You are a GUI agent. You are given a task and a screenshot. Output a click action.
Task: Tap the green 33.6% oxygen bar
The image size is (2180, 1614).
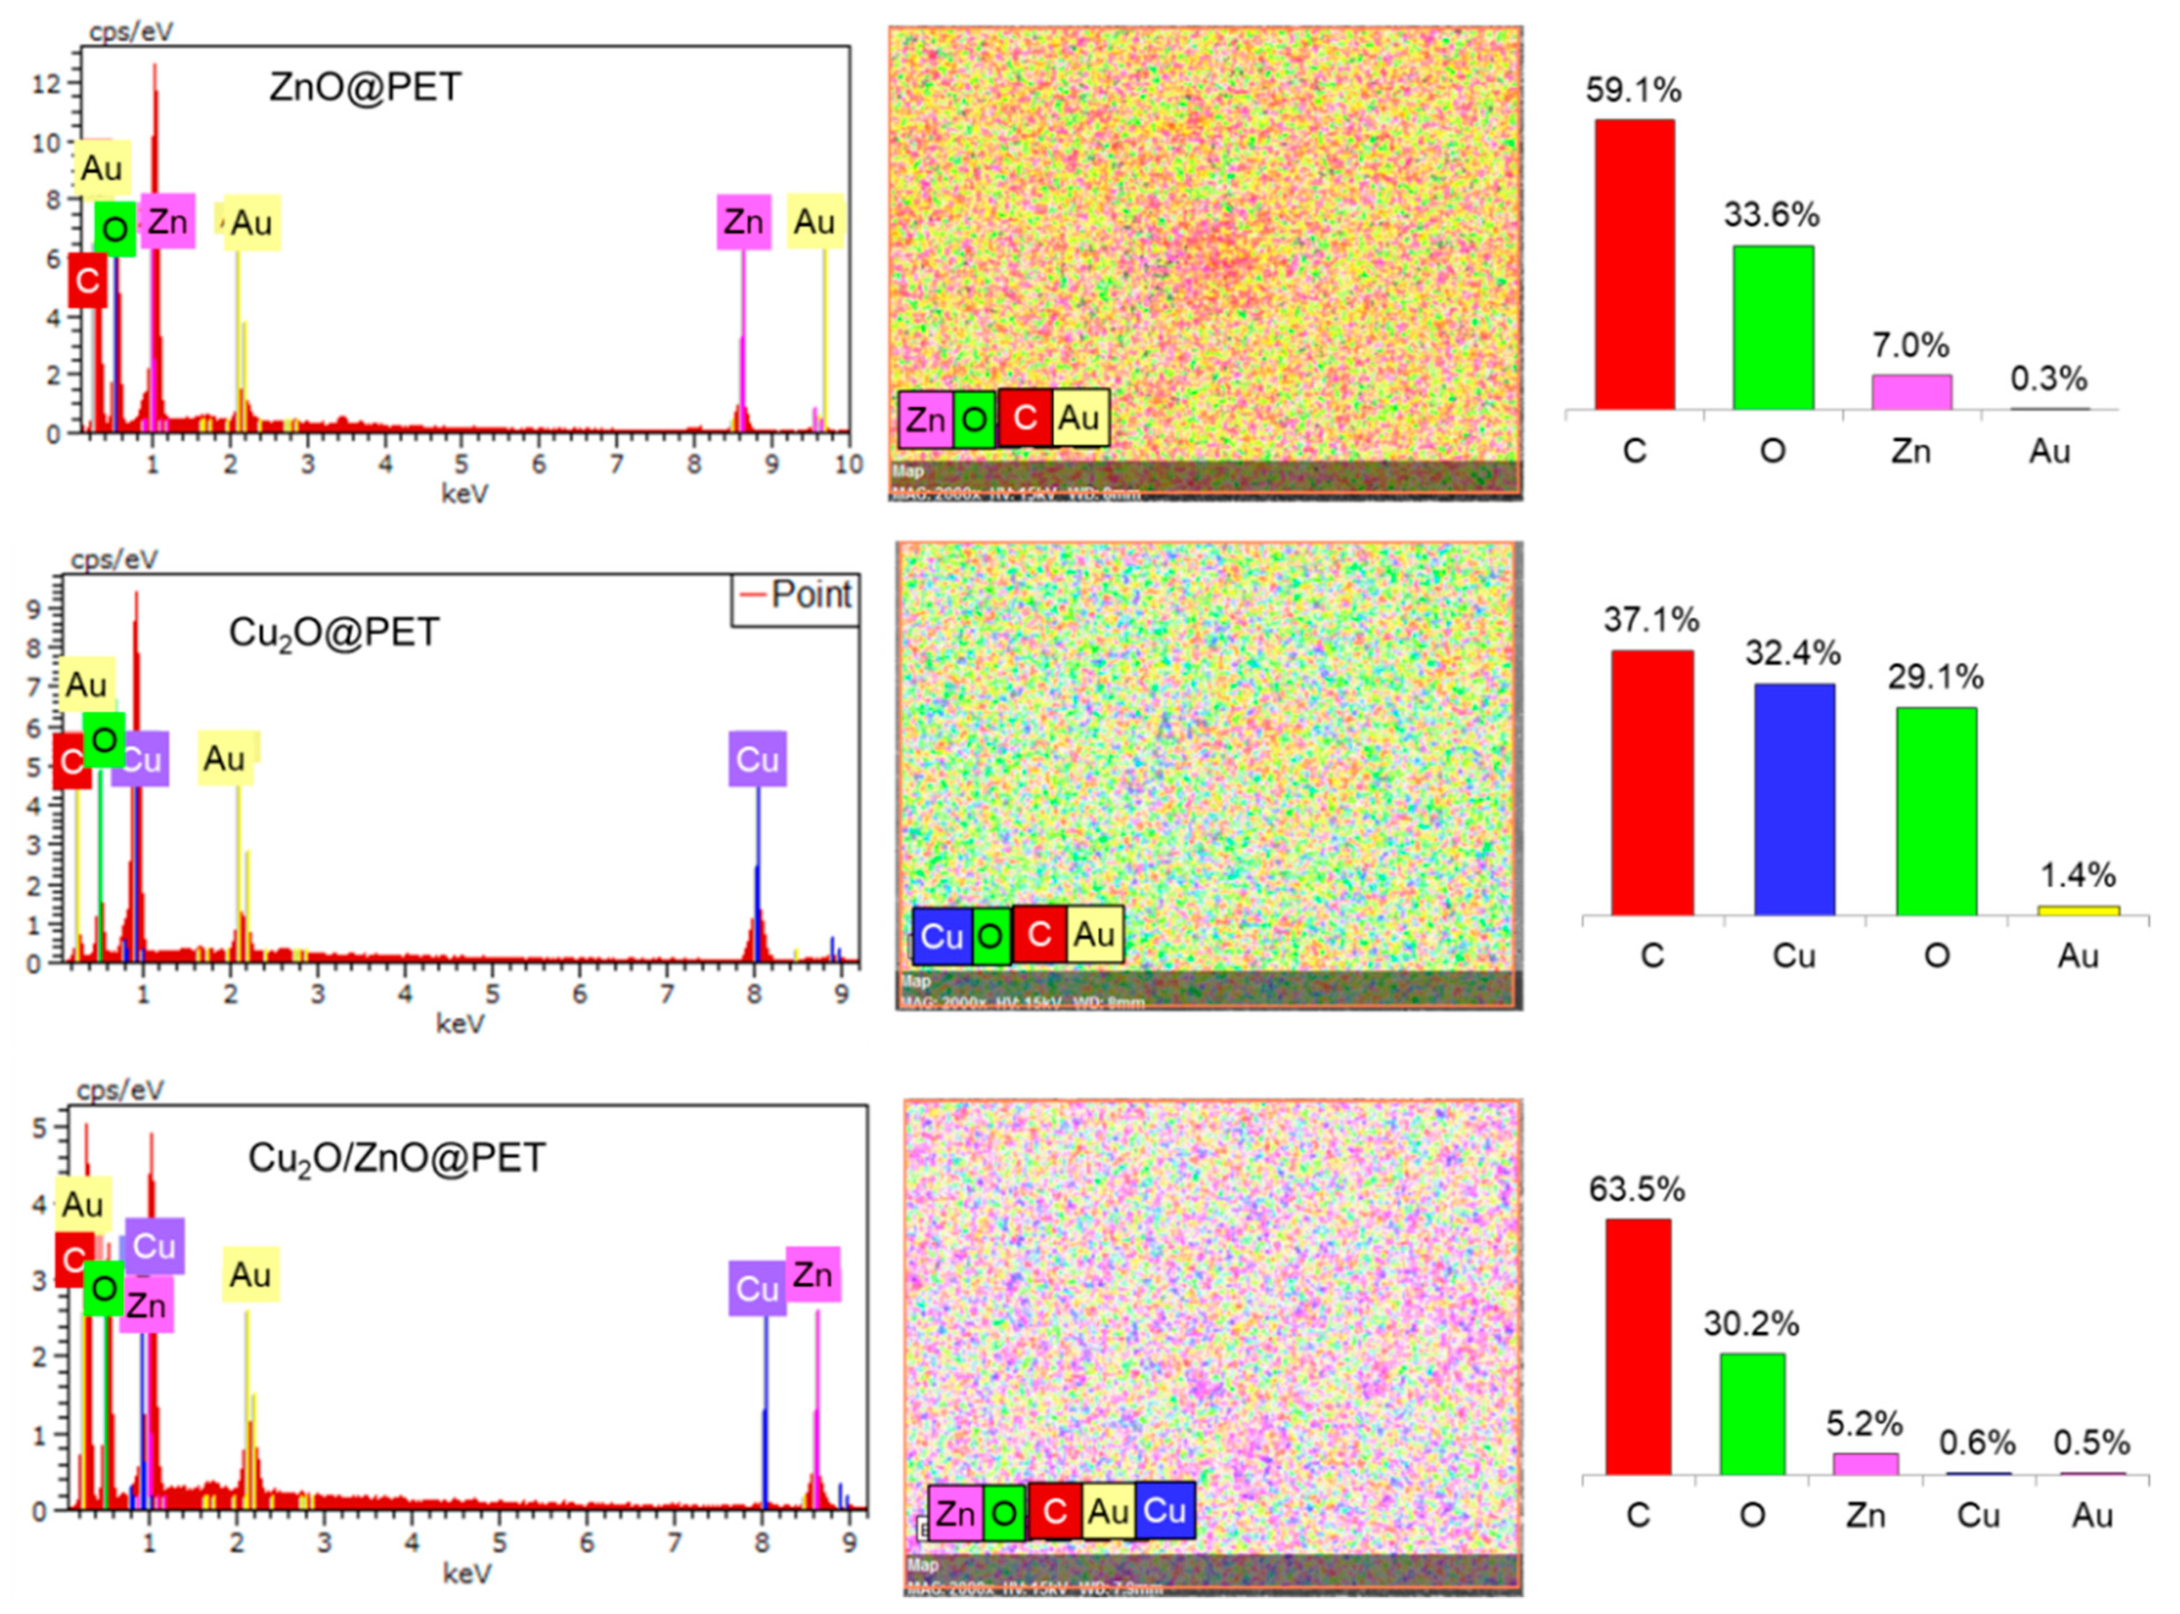coord(1773,328)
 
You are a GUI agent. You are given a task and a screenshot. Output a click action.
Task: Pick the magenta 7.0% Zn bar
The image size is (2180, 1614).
coord(1911,392)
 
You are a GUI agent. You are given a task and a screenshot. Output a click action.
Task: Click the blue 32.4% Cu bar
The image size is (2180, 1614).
coord(1794,799)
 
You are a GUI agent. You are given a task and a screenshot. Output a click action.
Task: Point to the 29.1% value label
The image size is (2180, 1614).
coord(1936,677)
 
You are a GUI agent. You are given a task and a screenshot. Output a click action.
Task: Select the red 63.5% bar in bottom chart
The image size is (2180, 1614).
coord(1638,1346)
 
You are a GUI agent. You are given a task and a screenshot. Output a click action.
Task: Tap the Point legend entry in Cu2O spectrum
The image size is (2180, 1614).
coord(796,594)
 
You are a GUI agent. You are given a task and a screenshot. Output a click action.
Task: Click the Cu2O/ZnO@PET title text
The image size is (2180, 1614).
coord(397,1158)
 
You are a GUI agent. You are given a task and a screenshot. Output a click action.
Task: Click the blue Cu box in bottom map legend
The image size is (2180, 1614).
coord(1165,1511)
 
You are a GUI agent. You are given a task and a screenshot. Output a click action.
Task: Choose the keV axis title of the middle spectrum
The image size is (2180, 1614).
coord(459,1023)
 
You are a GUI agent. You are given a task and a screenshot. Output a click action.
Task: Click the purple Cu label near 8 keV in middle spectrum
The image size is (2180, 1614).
coord(757,759)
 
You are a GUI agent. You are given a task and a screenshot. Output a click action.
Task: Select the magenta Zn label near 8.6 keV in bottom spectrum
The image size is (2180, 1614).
coord(813,1274)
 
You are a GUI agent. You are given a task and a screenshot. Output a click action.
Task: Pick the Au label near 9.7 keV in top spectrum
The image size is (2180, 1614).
coord(815,222)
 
